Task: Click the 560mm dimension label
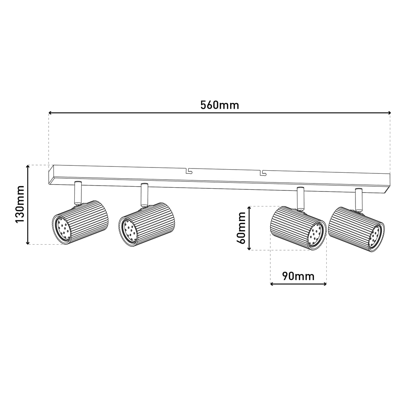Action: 219,105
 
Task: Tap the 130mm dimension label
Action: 20,204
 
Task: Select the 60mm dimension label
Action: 241,228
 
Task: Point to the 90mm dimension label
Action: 298,276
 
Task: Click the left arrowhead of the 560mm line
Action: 50,113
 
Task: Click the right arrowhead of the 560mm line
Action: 390,113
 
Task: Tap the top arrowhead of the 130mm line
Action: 28,167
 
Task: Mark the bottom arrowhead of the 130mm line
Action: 28,243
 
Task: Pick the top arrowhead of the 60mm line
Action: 249,208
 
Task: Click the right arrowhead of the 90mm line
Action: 325,284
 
